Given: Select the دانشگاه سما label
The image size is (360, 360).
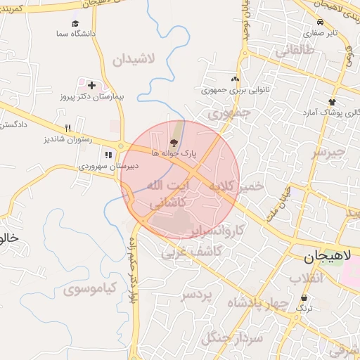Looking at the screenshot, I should tap(79, 34).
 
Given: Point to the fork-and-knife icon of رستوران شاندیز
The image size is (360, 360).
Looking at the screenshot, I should tap(68, 128).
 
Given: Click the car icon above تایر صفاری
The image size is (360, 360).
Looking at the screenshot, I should tap(321, 22).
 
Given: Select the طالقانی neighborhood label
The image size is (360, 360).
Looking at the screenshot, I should tap(299, 51).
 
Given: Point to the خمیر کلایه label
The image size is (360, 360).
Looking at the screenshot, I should tap(234, 186).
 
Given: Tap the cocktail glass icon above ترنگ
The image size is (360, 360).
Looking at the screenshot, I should tap(304, 298).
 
